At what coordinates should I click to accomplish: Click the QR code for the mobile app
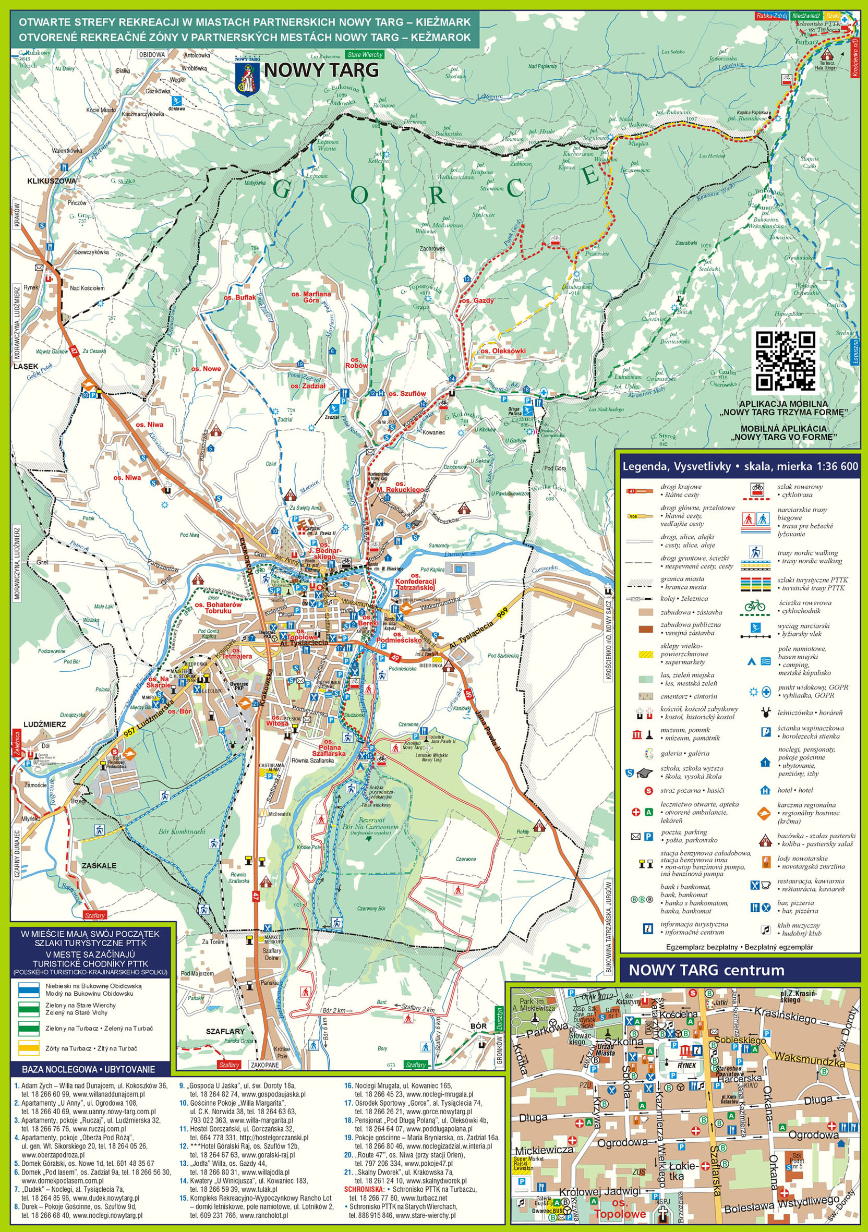(786, 360)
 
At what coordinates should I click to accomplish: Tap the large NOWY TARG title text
(321, 70)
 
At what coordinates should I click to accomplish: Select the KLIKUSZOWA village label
(52, 181)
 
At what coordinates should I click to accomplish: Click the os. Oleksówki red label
(503, 351)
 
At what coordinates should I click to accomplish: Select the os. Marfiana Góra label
(311, 297)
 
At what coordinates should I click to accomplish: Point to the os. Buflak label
(240, 297)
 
